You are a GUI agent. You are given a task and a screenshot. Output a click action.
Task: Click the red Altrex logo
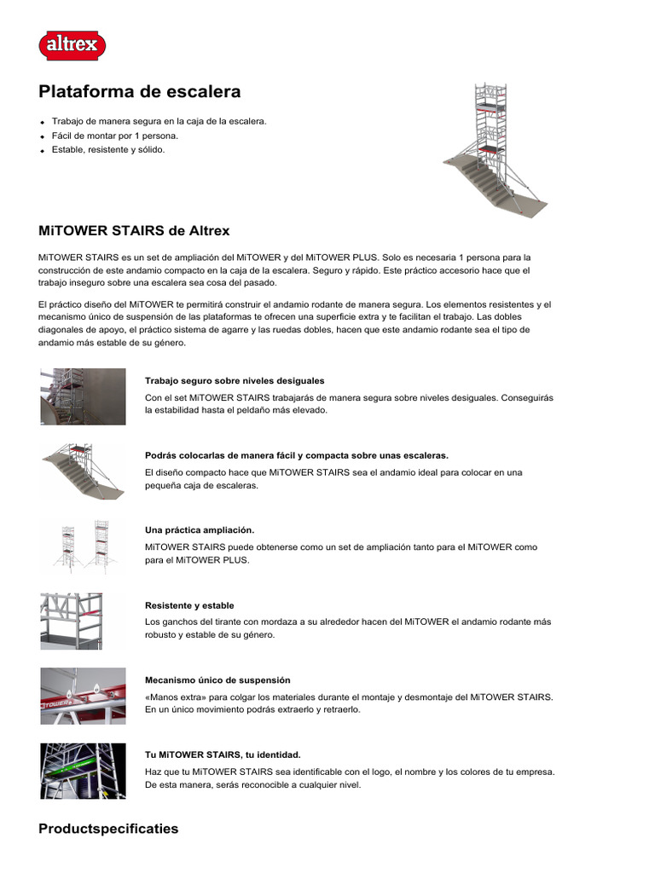[x=72, y=44]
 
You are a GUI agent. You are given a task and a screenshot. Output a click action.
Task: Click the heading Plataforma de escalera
[x=140, y=91]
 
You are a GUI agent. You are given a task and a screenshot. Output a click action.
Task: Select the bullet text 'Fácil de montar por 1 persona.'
[x=115, y=136]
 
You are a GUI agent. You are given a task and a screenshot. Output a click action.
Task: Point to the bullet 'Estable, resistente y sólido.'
[x=108, y=150]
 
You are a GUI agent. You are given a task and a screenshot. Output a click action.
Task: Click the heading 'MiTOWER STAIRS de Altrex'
[x=134, y=231]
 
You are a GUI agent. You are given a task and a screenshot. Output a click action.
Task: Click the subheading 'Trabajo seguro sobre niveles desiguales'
[x=235, y=380]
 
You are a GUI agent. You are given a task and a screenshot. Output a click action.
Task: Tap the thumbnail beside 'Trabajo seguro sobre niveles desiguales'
[x=83, y=396]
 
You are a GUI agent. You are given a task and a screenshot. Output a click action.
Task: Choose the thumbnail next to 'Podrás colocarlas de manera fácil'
[x=83, y=471]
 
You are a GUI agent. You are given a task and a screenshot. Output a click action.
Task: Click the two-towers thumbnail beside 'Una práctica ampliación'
[x=84, y=546]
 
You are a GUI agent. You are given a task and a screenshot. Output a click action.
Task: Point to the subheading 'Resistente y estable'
[x=189, y=605]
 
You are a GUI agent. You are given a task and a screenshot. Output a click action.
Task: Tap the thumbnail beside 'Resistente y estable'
[x=83, y=621]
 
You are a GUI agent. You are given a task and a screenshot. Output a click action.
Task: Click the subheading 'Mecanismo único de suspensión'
[x=217, y=680]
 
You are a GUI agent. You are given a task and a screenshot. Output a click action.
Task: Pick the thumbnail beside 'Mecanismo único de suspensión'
[x=83, y=696]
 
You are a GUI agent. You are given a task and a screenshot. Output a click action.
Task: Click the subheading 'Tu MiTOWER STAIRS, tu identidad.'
[x=223, y=754]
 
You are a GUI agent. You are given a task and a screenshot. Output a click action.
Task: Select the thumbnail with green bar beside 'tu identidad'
[x=83, y=771]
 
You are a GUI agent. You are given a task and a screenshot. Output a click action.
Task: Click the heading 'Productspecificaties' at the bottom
[x=108, y=829]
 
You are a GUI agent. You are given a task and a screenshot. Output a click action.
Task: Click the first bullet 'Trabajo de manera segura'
[x=159, y=121]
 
